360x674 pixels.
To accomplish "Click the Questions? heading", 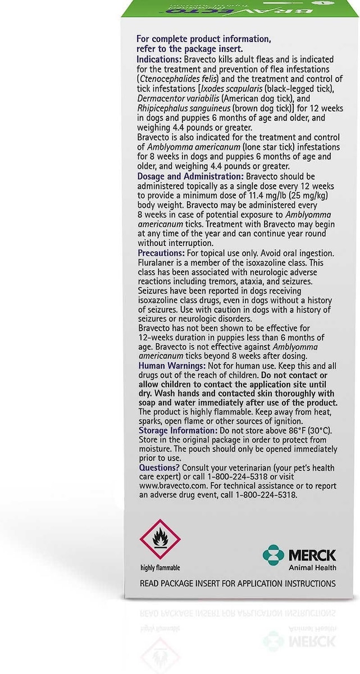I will click(x=159, y=468).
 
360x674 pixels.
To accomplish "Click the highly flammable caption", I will click(x=160, y=568).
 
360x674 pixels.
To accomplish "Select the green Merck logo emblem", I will click(x=274, y=555).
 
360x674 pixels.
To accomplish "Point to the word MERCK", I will click(x=312, y=555).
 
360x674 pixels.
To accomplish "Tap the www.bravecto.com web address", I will click(x=169, y=487).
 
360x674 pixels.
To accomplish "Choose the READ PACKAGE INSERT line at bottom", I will click(x=238, y=584).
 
